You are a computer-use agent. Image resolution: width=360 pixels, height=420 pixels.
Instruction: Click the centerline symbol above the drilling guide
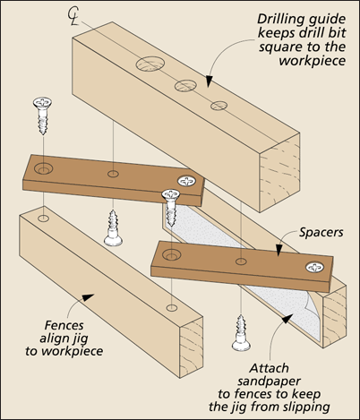73,16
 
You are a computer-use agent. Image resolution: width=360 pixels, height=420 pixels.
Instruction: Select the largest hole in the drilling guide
150,64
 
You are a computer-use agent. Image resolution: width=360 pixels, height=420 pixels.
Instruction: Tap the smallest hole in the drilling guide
219,106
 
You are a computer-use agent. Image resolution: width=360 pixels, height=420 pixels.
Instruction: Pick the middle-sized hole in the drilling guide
185,85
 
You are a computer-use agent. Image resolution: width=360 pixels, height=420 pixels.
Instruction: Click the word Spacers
321,233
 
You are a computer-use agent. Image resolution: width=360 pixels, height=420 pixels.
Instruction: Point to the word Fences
64,325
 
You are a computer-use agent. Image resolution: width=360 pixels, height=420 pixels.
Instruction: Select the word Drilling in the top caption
280,20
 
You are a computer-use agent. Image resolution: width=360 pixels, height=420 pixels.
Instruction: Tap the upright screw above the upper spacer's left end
42,116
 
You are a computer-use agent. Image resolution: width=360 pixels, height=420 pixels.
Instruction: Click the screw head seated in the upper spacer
186,181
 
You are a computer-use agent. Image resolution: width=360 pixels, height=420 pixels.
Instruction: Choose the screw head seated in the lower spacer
315,267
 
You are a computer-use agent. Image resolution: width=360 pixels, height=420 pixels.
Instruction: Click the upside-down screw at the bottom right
241,332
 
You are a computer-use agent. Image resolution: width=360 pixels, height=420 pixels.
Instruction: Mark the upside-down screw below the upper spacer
113,228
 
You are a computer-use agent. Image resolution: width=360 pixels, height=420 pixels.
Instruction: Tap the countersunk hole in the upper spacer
44,169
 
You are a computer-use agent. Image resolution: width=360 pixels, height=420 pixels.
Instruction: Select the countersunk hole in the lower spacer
171,255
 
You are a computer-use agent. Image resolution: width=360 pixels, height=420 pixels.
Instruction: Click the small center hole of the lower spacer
241,261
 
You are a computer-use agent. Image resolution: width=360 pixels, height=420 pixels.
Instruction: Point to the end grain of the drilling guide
279,173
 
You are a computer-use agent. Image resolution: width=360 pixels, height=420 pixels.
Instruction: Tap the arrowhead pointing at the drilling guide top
209,81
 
